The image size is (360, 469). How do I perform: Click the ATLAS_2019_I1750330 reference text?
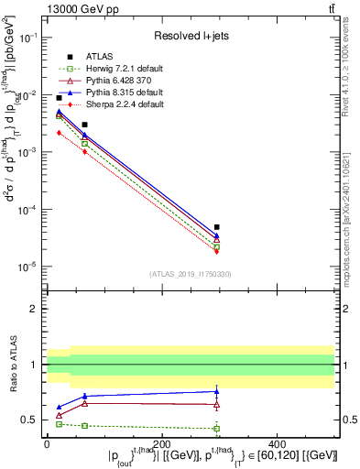click(189, 274)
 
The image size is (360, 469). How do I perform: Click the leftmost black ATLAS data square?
click(60, 97)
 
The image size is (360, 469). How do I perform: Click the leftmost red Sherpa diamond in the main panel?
click(60, 133)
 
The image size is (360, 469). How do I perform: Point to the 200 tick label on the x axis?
click(190, 443)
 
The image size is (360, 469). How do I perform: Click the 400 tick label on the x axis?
click(333, 443)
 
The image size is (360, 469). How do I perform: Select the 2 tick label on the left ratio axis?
click(33, 310)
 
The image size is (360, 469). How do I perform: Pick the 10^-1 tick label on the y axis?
click(27, 38)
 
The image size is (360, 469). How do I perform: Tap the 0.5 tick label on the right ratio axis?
click(348, 420)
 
